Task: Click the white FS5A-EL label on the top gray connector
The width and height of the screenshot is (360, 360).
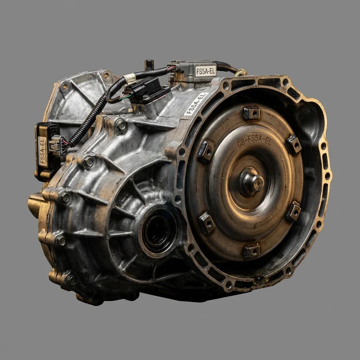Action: [x=206, y=71]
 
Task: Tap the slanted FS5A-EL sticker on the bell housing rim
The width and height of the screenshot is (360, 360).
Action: [x=196, y=104]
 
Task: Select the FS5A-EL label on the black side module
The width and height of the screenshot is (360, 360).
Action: [x=43, y=151]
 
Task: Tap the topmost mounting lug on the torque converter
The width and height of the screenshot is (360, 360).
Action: [x=251, y=113]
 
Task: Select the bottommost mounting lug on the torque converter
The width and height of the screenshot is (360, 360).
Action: [x=252, y=251]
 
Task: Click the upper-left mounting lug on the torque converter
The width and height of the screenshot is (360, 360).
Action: [x=206, y=150]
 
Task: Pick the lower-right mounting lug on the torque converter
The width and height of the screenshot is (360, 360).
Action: [x=294, y=211]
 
